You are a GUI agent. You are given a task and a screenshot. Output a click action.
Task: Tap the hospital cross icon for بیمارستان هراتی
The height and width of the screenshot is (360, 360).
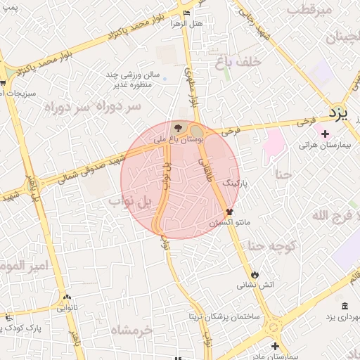tap(325, 134)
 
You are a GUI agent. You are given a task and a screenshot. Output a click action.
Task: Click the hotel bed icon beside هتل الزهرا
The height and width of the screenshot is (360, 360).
tap(186, 13)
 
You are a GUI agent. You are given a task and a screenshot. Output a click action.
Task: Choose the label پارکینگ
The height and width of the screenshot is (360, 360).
tap(236, 182)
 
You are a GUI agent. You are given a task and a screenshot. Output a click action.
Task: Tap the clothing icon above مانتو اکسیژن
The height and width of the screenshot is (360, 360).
tap(229, 210)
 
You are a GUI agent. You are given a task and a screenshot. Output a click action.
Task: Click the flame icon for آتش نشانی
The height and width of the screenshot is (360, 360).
tap(255, 274)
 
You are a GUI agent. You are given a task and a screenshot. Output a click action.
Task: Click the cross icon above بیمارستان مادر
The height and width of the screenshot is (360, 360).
tap(275, 345)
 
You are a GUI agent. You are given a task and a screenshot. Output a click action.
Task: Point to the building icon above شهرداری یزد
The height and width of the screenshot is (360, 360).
tap(344, 305)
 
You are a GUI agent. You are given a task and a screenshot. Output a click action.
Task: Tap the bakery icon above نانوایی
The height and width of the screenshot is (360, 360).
tap(67, 297)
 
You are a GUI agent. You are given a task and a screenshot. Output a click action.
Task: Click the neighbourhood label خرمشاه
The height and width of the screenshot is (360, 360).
tap(131, 329)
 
